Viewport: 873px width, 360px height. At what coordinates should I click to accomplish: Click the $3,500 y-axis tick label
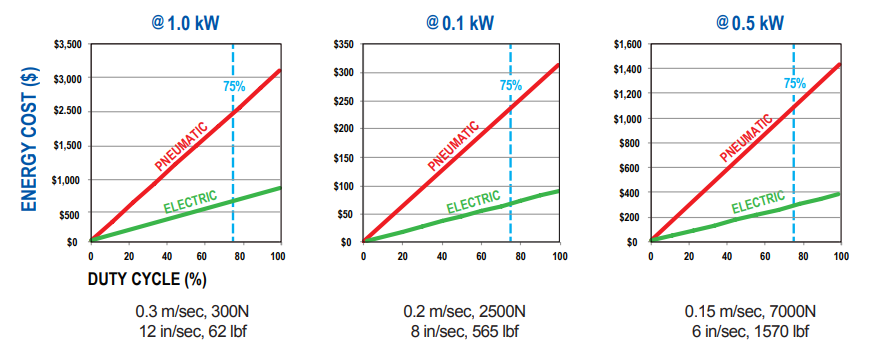[x=66, y=44]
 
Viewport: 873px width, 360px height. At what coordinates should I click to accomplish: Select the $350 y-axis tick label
[x=342, y=44]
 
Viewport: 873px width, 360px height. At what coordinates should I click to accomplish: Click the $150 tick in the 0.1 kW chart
[x=342, y=157]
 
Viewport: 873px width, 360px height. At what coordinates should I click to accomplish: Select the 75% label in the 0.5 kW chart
[x=795, y=84]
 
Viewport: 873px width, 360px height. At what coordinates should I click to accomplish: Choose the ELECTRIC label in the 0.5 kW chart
[x=760, y=204]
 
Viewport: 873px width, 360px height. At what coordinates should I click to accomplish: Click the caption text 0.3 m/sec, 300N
[x=187, y=311]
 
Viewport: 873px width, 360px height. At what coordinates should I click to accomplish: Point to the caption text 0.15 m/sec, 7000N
[x=751, y=311]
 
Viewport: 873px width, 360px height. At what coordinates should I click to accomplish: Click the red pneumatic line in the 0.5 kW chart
[x=745, y=152]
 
